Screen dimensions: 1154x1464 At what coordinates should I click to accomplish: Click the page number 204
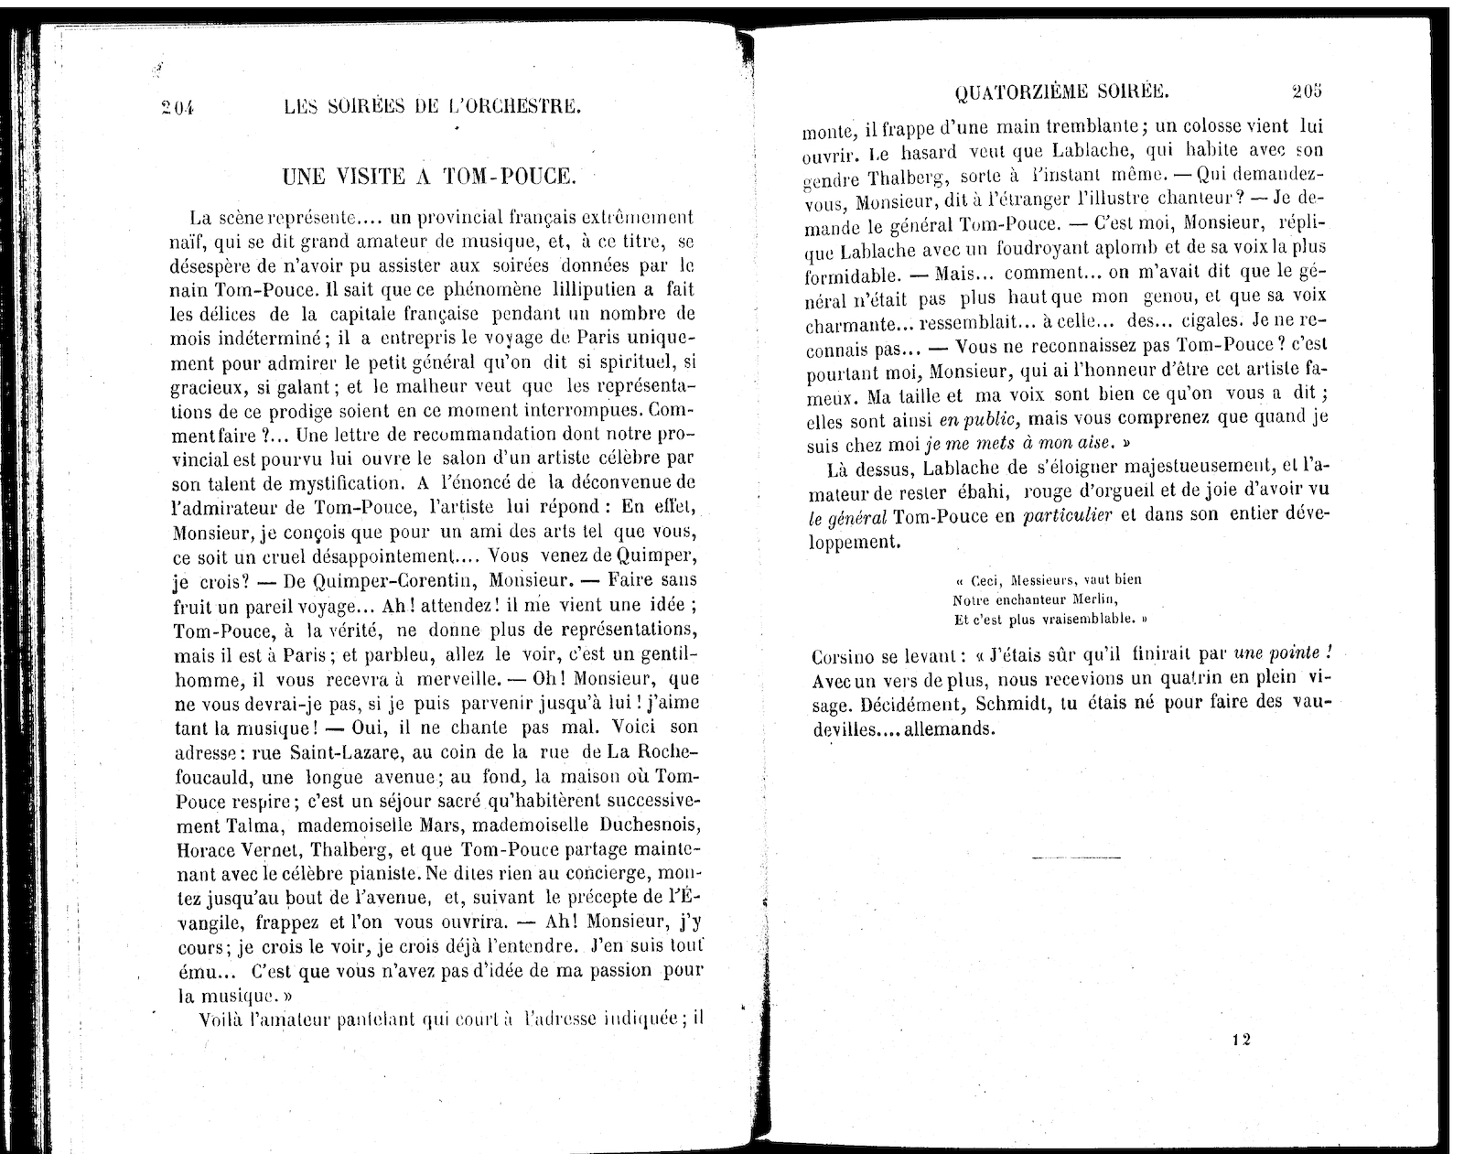tap(179, 107)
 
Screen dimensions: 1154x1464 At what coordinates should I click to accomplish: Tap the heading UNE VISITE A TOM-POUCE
tap(427, 177)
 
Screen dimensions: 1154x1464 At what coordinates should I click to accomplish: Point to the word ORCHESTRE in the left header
tap(519, 106)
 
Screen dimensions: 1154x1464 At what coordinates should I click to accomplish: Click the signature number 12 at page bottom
tap(1241, 1039)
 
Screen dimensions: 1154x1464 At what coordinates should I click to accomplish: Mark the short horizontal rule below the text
tap(1075, 857)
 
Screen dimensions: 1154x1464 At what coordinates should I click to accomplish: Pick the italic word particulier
tap(1070, 516)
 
